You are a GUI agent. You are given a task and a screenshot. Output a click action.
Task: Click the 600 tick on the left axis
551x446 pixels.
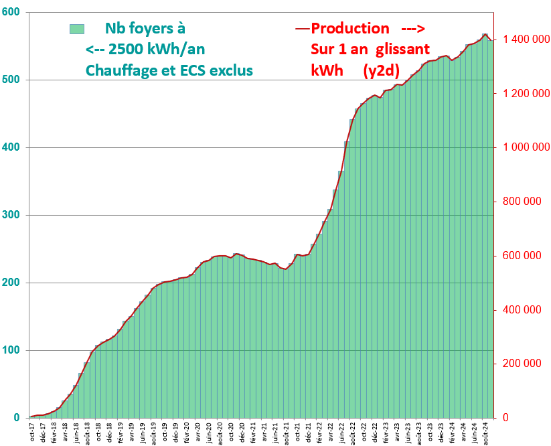click(13, 13)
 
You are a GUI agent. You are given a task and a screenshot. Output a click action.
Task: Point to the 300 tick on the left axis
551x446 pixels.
click(13, 215)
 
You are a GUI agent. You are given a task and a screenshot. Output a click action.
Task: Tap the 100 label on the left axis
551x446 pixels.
click(13, 350)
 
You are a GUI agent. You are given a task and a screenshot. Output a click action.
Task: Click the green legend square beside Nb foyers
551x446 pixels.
click(76, 29)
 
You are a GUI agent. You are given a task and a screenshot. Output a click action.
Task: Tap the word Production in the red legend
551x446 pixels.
click(350, 29)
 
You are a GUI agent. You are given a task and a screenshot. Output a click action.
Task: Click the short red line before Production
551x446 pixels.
click(302, 29)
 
